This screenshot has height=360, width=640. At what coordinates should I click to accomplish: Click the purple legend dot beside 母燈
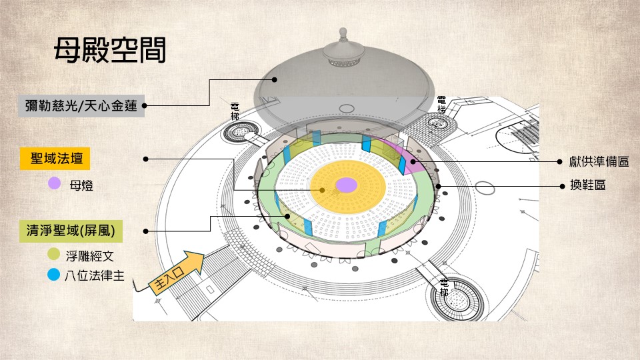pos(55,184)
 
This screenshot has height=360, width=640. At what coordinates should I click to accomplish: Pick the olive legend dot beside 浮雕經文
pos(55,255)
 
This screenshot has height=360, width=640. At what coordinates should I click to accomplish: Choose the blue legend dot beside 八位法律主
pos(55,273)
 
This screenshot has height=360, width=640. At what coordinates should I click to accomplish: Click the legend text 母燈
pos(81,185)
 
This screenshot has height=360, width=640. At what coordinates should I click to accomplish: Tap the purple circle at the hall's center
pos(346,185)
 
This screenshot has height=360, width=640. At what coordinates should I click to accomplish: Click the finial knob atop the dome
pos(343,33)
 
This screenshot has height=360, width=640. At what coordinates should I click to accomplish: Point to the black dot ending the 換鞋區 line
pos(439,185)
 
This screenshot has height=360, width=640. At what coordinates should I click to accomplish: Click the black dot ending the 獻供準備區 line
pos(413,161)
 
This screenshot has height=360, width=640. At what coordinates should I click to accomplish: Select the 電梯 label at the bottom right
pos(444,288)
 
